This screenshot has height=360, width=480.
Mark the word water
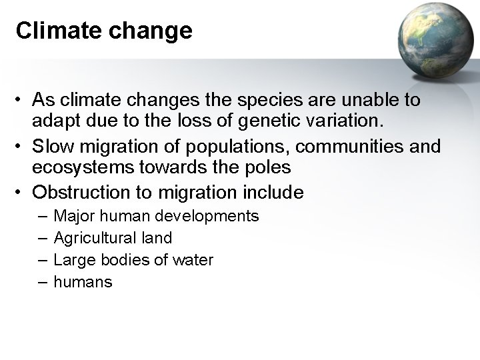(194, 260)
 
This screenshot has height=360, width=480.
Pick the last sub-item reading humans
(83, 282)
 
